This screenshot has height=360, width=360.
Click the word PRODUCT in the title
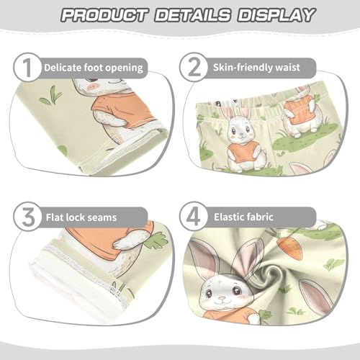[100, 14]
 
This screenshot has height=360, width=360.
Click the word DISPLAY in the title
[271, 14]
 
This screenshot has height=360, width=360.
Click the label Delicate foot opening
[94, 68]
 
